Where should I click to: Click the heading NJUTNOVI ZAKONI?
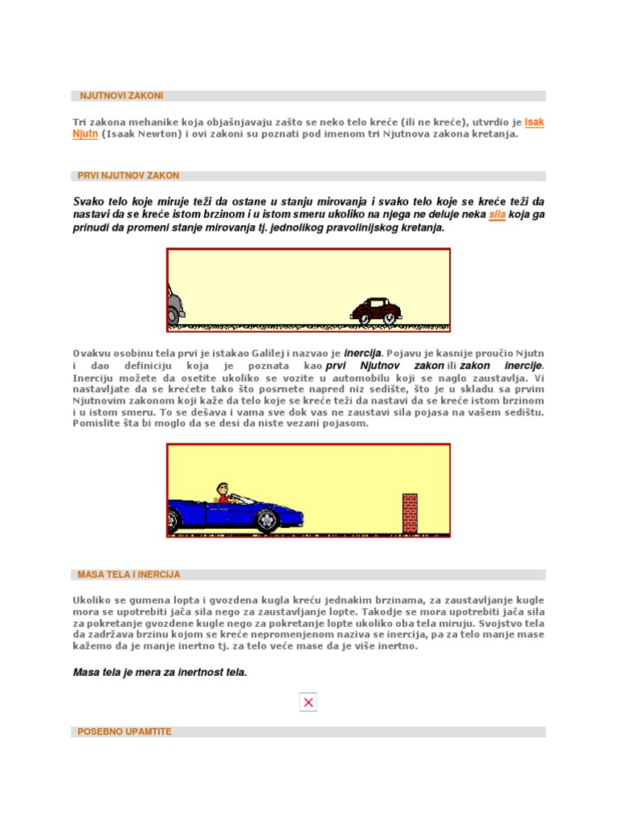point(121,96)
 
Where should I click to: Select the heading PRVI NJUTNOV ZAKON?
point(129,175)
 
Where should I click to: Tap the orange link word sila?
point(497,215)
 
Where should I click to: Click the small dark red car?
point(376,310)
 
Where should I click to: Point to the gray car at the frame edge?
point(175,306)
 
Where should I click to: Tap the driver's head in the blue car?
point(223,489)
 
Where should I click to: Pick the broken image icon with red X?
point(308,702)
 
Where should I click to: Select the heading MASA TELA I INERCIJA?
point(129,575)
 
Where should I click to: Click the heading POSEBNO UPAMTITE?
point(125,731)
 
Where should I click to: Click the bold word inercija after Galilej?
point(363,352)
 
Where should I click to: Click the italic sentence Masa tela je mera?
point(159,672)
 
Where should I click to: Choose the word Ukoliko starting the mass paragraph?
point(92,600)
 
